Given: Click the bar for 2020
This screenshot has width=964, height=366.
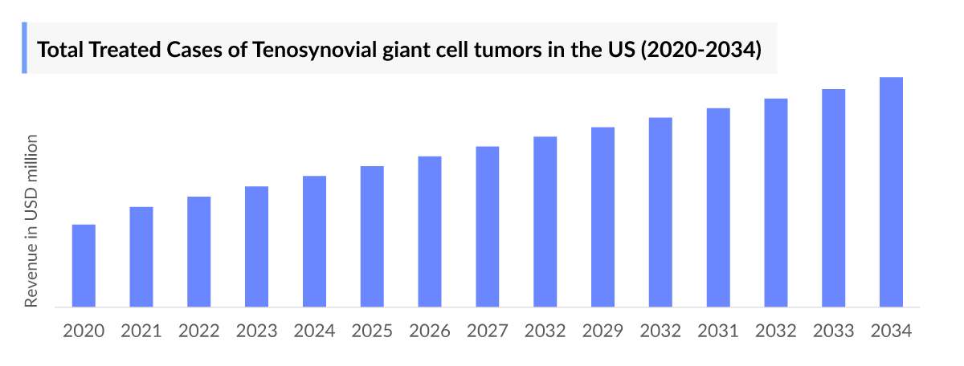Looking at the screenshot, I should coord(84,266).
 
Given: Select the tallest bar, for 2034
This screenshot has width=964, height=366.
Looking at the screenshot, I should coord(892,192).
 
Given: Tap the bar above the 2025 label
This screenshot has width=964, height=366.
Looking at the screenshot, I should coord(372,236).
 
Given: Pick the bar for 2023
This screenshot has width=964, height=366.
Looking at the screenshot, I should coord(257,246).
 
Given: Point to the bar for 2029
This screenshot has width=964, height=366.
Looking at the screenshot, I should coord(602,217).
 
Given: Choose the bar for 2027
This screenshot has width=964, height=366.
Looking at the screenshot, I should coord(488,226).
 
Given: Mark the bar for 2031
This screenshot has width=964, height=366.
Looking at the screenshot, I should coord(718,207).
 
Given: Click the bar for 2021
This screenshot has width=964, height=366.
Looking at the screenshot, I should coord(141,257).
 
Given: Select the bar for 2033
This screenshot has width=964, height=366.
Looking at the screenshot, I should coord(834,197).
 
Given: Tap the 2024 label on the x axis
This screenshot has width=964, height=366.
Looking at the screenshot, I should coord(314,331).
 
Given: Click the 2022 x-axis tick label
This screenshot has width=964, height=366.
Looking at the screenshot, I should coord(199,331).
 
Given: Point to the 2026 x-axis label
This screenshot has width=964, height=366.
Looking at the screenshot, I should coord(430,331).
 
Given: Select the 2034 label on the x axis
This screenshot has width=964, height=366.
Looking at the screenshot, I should coord(892,331).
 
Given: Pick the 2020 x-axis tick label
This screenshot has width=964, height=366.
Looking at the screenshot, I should coord(84,331).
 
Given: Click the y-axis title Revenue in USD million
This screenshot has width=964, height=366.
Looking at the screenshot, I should coord(31,222).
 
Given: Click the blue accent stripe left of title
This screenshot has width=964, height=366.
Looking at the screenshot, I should coord(24,48).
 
